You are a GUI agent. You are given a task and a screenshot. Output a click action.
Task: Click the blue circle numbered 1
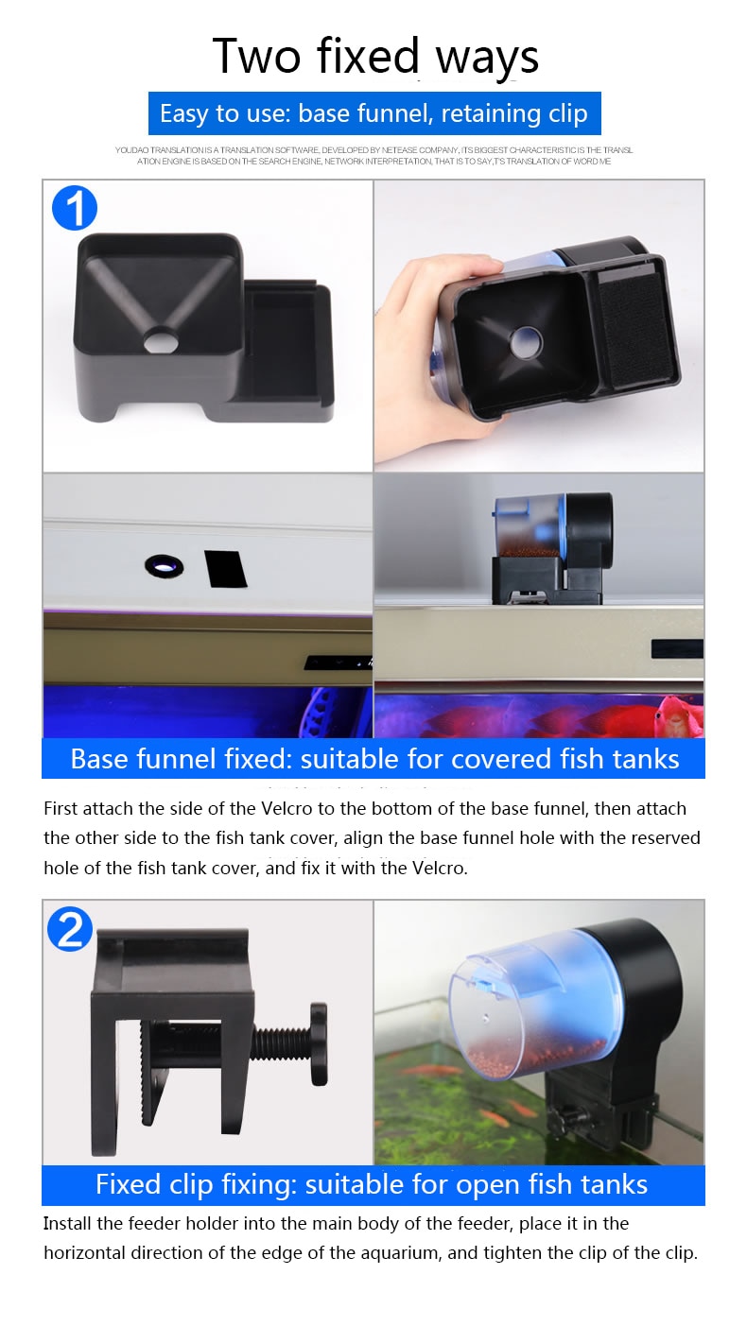[75, 207]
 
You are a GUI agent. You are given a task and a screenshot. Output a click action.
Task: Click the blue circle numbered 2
[70, 930]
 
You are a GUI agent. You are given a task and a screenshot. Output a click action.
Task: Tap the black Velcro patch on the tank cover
[225, 568]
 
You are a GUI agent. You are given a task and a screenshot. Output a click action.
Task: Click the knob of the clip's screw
[317, 1031]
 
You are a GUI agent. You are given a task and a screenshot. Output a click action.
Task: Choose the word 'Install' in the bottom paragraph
[70, 1224]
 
